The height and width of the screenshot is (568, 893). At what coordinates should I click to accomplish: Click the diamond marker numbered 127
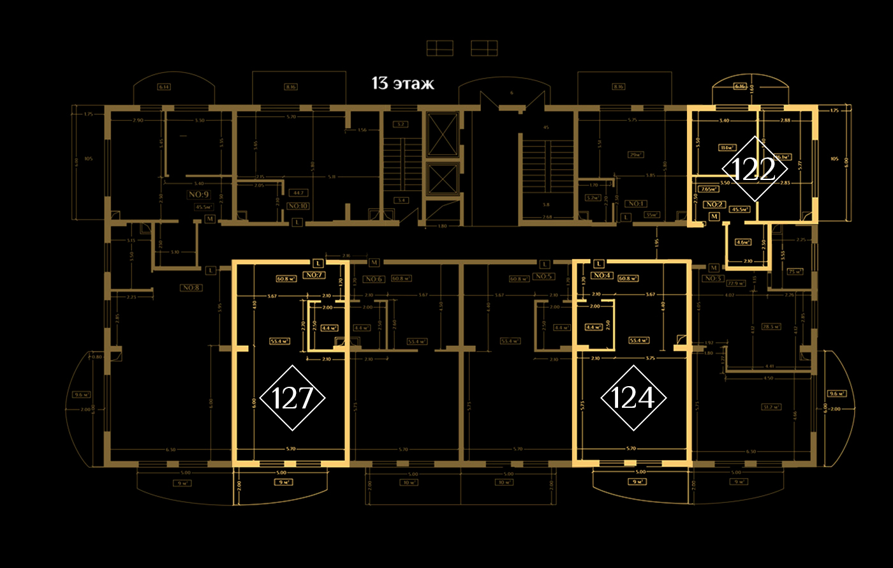[293, 398]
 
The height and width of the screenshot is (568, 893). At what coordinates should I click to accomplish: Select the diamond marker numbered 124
[633, 398]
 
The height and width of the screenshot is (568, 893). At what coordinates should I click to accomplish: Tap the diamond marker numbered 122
[754, 169]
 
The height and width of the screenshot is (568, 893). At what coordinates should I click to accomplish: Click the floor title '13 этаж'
[403, 84]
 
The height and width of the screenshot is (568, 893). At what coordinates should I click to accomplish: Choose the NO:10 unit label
[298, 206]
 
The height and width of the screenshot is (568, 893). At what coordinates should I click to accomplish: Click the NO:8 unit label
[191, 288]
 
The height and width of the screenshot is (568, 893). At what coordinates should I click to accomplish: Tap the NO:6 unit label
[373, 279]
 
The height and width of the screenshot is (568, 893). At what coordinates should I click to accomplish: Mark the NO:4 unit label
[601, 275]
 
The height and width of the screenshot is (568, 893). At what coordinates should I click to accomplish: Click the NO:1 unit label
[635, 204]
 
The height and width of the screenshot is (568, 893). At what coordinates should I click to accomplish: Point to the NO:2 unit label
[714, 205]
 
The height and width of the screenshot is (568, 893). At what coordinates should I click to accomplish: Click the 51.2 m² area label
[771, 407]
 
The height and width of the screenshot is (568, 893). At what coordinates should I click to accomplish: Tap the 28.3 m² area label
[771, 327]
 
